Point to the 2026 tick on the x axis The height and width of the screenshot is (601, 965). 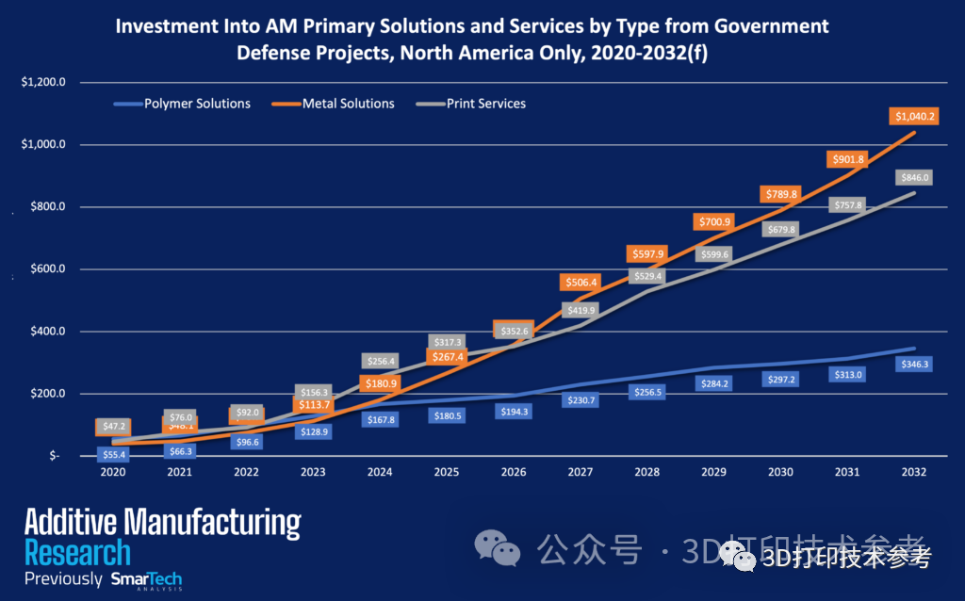coord(514,472)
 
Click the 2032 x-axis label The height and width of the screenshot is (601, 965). coord(912,472)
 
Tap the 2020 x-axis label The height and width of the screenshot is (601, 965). coord(113,472)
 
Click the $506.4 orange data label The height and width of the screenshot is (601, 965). coord(580,281)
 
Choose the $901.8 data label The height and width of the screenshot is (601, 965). coord(845,159)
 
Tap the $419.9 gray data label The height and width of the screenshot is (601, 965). coord(581,310)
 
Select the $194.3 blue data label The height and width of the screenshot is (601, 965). coord(514,412)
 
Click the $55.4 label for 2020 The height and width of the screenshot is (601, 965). coord(114,454)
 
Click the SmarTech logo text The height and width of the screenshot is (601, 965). coord(146,579)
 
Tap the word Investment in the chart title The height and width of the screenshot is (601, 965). coord(161,25)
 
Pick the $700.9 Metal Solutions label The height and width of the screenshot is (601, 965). coord(712,222)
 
